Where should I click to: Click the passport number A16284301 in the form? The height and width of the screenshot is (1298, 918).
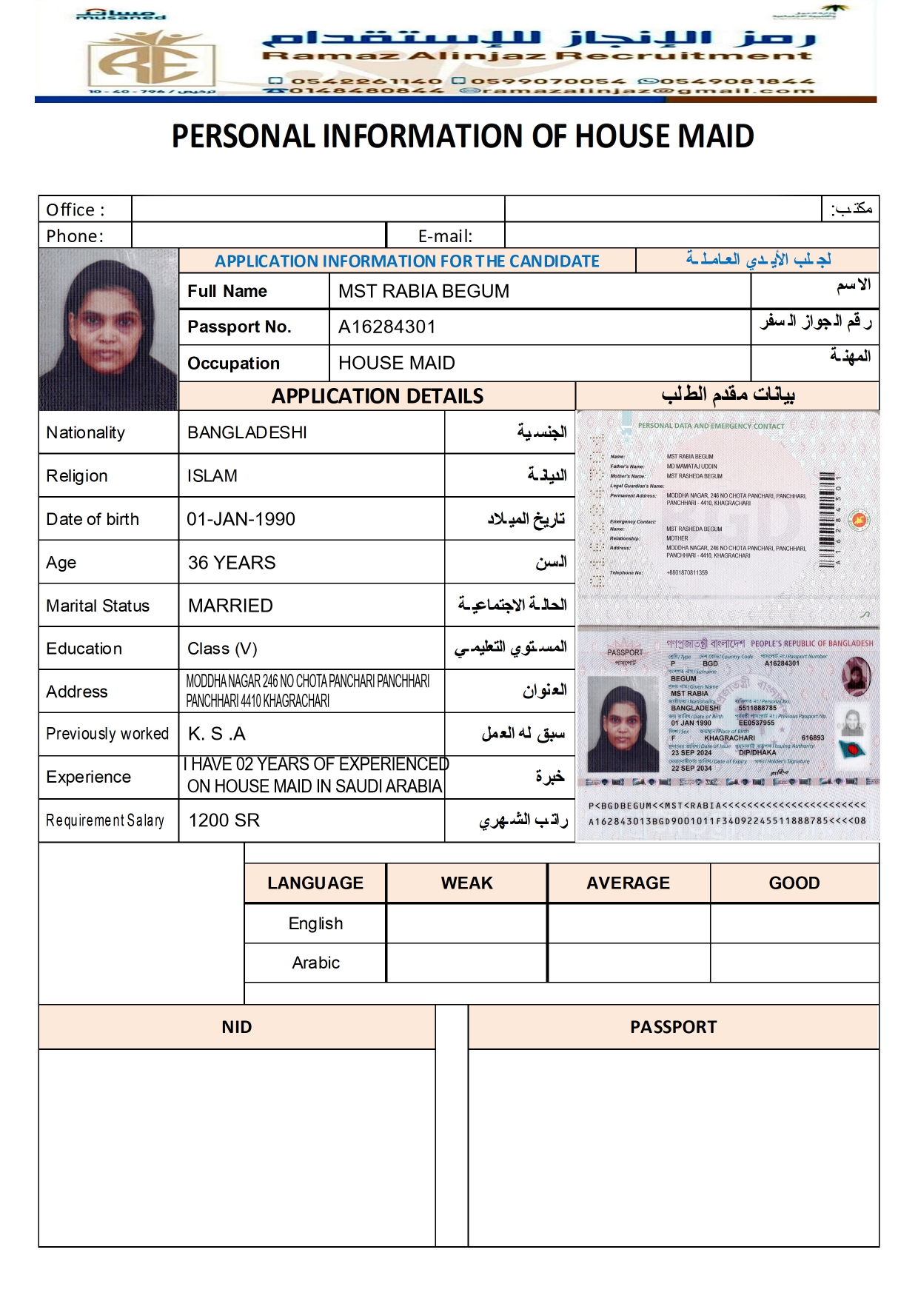386,327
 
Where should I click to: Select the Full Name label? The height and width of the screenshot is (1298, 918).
227,291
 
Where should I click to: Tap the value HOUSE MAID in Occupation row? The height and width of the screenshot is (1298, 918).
396,363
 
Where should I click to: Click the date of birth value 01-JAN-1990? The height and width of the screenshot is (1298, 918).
241,519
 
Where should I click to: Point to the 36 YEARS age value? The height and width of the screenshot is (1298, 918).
231,563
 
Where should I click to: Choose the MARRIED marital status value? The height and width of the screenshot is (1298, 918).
230,606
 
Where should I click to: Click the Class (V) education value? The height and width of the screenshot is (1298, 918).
222,649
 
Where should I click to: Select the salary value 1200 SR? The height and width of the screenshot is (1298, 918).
224,820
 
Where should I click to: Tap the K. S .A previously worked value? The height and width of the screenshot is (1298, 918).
216,734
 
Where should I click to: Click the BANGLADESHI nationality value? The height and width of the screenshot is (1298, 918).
247,432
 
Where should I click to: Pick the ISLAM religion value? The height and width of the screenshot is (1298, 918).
212,476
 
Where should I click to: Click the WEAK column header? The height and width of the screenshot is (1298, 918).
466,883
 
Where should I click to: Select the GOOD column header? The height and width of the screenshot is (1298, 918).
794,883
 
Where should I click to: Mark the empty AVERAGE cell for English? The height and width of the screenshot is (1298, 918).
629,923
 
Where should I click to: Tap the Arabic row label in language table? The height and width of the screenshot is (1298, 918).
315,963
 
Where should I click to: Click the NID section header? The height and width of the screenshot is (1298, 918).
236,1027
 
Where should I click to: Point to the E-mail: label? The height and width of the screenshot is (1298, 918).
445,236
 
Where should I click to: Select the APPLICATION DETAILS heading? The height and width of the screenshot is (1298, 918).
377,396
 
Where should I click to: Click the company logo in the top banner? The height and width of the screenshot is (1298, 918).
151,59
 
